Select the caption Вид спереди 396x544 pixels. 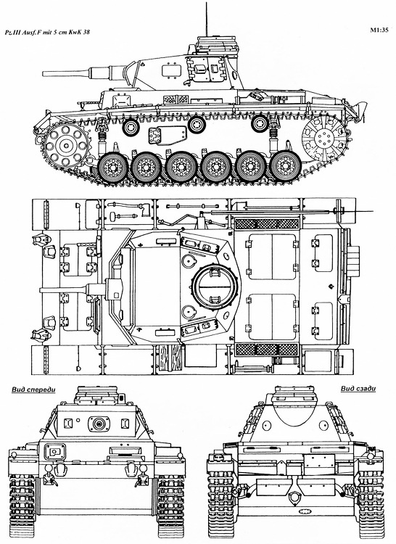coord(36,389)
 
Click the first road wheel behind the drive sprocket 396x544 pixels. coord(114,168)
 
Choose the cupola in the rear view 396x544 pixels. coord(293,397)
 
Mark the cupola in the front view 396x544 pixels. coord(98,397)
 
